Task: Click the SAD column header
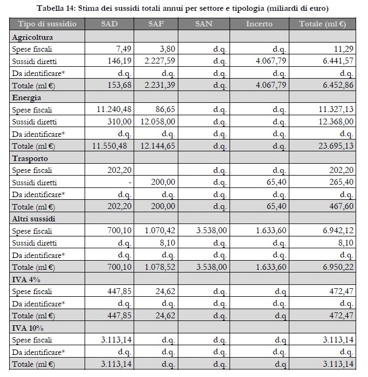point(109,24)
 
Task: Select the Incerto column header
point(259,24)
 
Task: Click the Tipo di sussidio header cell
point(47,24)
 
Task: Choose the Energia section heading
point(26,97)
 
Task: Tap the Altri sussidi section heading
point(33,219)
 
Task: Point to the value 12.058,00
point(157,122)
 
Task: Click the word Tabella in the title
point(52,9)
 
